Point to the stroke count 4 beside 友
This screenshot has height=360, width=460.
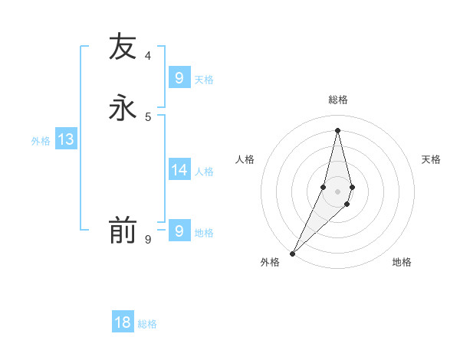pyautogui.click(x=148, y=56)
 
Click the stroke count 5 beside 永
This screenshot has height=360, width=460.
pyautogui.click(x=148, y=116)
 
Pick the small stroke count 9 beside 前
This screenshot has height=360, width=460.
pyautogui.click(x=148, y=240)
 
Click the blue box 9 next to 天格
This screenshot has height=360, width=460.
pyautogui.click(x=179, y=77)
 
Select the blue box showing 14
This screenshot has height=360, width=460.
pyautogui.click(x=179, y=169)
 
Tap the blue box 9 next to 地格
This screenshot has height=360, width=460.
pyautogui.click(x=179, y=231)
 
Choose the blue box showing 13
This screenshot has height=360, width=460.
pyautogui.click(x=66, y=139)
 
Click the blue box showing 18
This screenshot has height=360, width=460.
pyautogui.click(x=123, y=322)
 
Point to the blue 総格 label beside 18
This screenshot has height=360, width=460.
pyautogui.click(x=147, y=324)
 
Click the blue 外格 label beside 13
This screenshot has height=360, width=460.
pyautogui.click(x=41, y=141)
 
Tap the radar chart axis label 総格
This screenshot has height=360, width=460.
pyautogui.click(x=337, y=100)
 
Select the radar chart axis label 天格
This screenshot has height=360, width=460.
pyautogui.click(x=432, y=159)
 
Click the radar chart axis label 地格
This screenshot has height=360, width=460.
pyautogui.click(x=402, y=262)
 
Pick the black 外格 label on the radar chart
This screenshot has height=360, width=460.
pyautogui.click(x=270, y=262)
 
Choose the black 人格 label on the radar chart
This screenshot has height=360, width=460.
pyautogui.click(x=245, y=159)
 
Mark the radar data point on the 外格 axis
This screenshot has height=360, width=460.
pyautogui.click(x=293, y=253)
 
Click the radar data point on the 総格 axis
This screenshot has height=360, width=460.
pyautogui.click(x=337, y=130)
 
